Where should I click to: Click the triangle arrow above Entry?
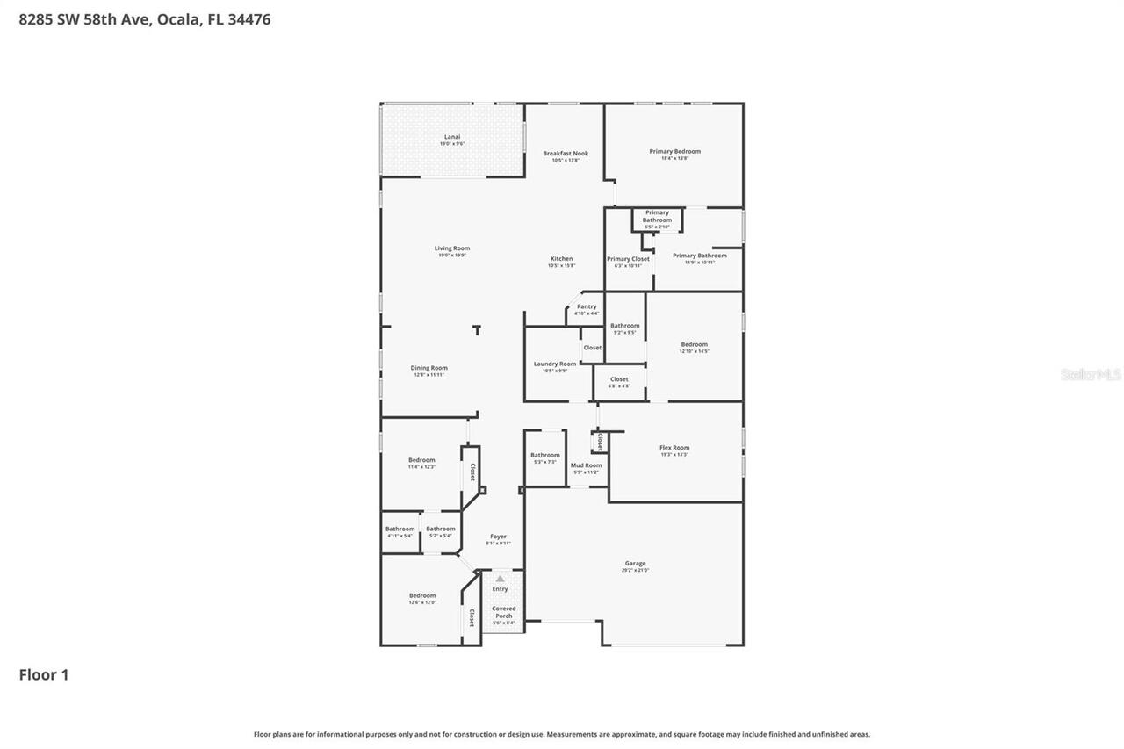click(500, 579)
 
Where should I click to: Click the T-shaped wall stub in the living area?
click(477, 330)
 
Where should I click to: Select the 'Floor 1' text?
click(44, 674)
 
